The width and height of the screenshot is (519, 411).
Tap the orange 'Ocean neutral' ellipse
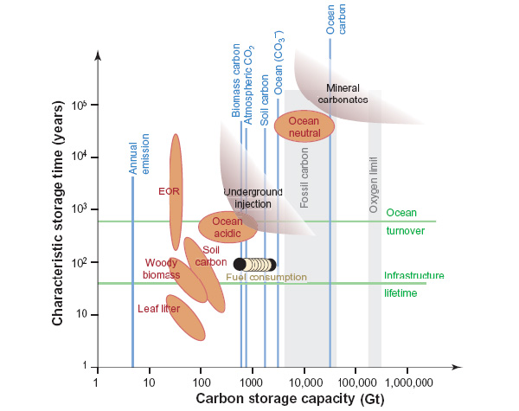[x=304, y=125]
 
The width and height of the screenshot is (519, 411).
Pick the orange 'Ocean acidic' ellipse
[x=227, y=227]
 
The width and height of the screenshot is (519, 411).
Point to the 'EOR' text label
[x=168, y=191]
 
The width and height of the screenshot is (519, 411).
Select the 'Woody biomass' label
[x=161, y=268]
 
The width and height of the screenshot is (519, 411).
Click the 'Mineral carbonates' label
[x=349, y=93]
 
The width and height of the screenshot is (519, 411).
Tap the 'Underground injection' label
[x=247, y=197]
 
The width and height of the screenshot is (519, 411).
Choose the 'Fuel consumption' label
[x=266, y=278]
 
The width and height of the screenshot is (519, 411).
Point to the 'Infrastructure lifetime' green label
[x=413, y=284]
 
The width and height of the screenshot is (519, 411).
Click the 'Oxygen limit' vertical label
[x=374, y=185]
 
